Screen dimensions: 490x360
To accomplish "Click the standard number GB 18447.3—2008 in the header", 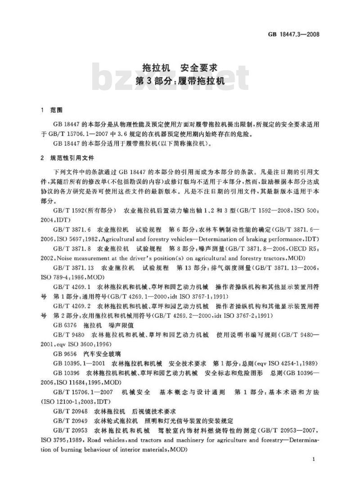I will tap(294, 34).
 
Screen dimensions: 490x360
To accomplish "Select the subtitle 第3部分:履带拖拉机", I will tap(180, 82).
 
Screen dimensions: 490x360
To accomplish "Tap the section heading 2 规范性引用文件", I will tap(67, 158).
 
